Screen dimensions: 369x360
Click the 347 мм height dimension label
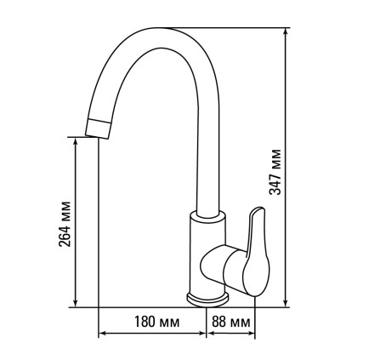tap(275, 172)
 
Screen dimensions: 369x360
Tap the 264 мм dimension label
tap(65, 224)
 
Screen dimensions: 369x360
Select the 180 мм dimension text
tap(156, 322)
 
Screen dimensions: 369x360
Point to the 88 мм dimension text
tap(231, 322)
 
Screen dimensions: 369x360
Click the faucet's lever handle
tap(257, 253)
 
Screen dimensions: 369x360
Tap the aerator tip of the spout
tap(98, 129)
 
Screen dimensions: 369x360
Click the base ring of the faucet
tap(207, 300)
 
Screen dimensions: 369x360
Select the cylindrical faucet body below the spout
tap(207, 255)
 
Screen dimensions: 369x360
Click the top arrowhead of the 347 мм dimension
tap(286, 31)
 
